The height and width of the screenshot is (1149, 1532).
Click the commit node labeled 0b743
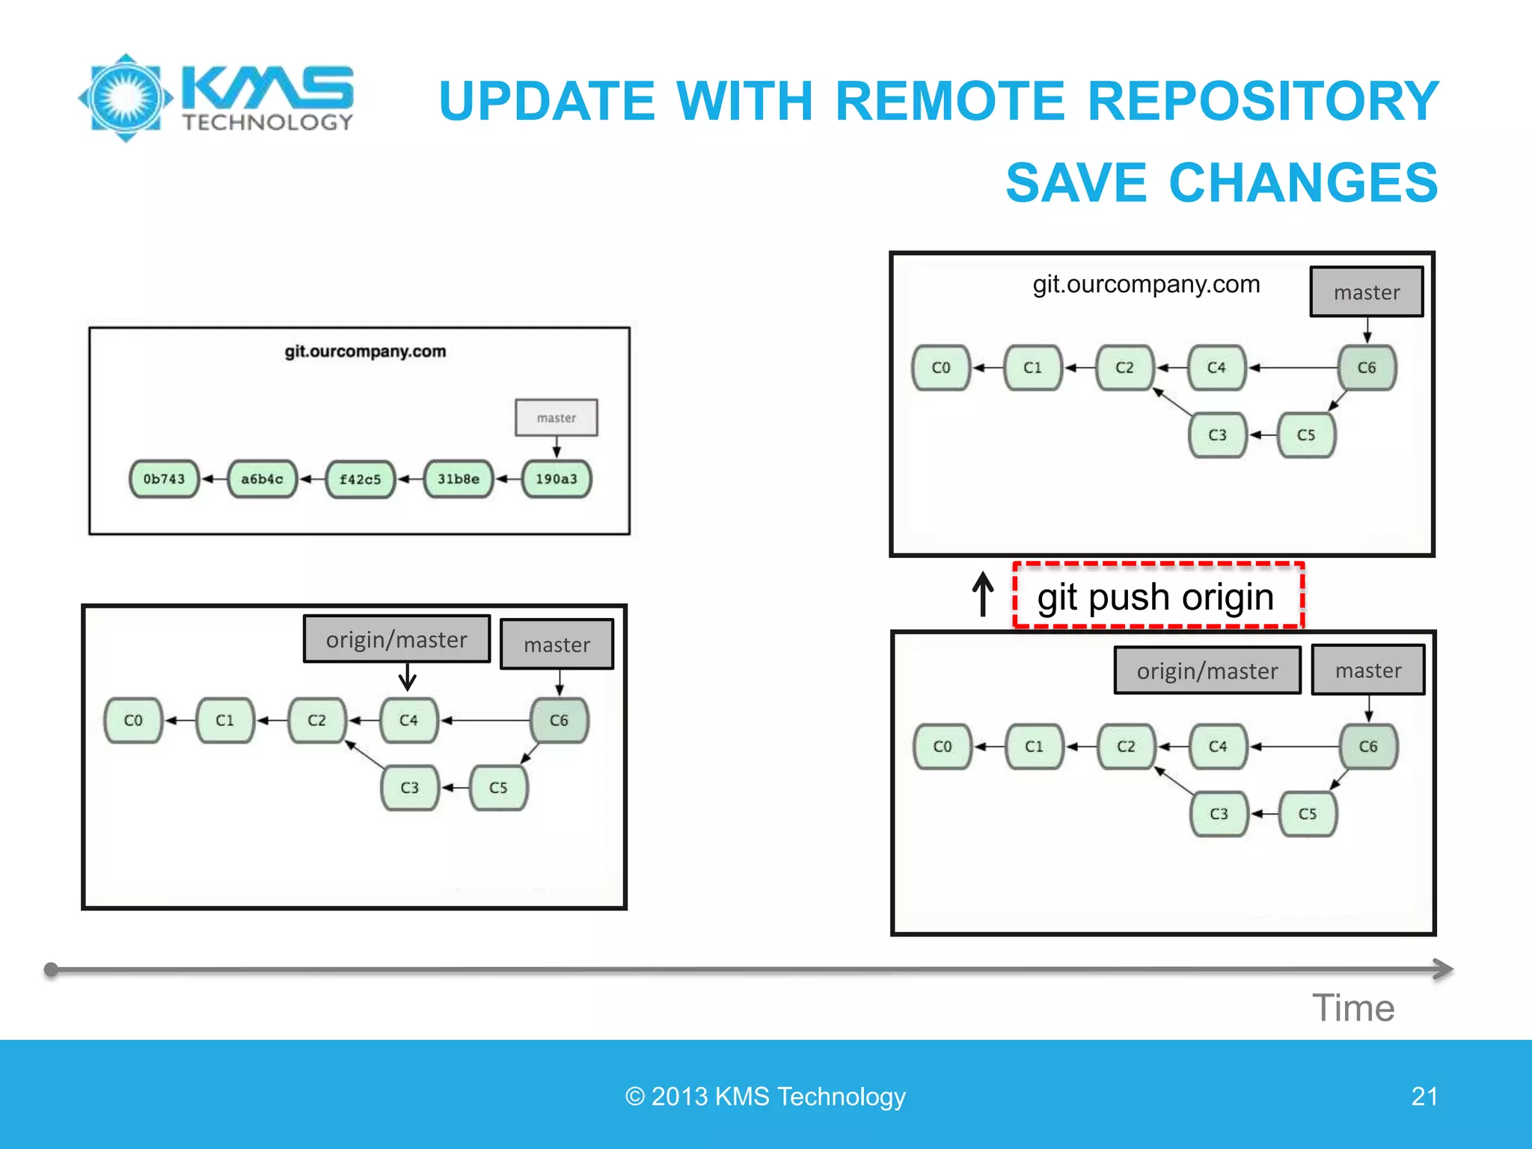(164, 479)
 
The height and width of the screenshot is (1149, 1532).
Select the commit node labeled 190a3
(557, 479)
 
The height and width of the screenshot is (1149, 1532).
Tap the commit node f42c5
(360, 479)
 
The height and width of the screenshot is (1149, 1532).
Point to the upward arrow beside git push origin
(983, 594)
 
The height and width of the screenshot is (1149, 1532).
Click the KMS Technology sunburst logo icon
(126, 98)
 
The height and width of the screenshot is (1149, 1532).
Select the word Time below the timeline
(1353, 1008)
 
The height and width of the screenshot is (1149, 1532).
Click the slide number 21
(1424, 1097)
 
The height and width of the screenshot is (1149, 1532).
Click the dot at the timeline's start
(51, 970)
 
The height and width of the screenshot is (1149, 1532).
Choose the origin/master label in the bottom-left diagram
(396, 640)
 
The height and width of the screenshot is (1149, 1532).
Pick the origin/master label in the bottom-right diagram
(1207, 671)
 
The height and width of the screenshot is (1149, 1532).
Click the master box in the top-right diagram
(1367, 292)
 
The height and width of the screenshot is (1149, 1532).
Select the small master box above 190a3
(557, 417)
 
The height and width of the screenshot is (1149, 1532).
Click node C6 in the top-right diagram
(1367, 367)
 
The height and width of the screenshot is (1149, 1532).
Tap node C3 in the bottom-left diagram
(409, 788)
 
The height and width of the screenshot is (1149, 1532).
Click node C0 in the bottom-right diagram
(943, 747)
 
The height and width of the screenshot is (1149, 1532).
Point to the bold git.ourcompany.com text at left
(365, 352)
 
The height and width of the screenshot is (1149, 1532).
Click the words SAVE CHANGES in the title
(1222, 183)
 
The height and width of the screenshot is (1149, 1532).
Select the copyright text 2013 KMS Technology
(765, 1097)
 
